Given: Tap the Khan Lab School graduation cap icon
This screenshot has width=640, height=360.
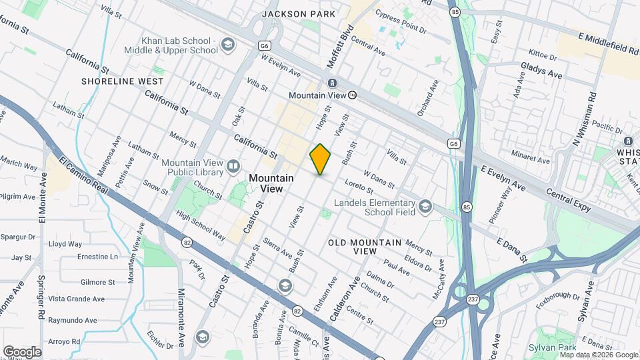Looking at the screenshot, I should pos(228,45).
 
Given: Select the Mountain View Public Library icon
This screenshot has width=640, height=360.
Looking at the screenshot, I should pos(233,165).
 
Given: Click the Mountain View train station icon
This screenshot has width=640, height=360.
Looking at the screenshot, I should pos(331,83).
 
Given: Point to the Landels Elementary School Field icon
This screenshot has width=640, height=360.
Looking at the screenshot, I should pos(425,208).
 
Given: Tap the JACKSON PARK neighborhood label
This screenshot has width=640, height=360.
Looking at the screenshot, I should pos(294,13).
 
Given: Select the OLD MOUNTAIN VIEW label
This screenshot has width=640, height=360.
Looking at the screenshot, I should pos(365,247).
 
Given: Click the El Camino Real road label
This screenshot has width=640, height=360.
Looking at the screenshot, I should pos(83,177).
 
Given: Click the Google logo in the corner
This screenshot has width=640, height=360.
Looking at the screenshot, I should pos(22,351).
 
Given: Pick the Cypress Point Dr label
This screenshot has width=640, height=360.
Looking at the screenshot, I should pos(400,29).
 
